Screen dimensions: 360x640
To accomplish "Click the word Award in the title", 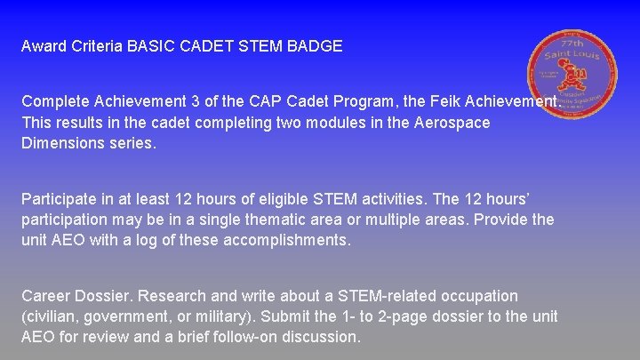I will [43, 46].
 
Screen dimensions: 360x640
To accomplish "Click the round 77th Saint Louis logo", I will [571, 74].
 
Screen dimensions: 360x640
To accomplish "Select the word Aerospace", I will [452, 123].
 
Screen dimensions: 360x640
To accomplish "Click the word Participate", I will [58, 197].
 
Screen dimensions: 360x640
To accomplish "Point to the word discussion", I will [316, 338].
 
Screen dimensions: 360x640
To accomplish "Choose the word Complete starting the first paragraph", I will [55, 102].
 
